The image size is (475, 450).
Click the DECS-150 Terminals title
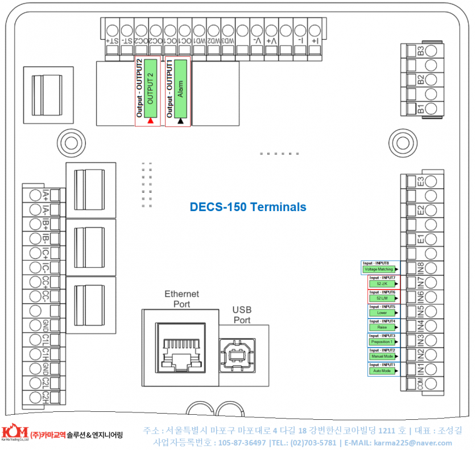point(247,207)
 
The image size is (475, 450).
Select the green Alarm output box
point(180,89)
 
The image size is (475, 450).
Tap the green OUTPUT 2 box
point(150,89)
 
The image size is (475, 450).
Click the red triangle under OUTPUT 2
point(150,121)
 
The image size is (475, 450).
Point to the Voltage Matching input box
point(378,269)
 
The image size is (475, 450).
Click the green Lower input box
point(382,312)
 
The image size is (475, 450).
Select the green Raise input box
point(382,327)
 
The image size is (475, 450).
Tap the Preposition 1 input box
point(382,342)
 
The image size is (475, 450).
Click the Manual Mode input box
point(382,356)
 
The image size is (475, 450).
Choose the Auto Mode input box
point(382,371)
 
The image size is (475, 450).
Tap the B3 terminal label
point(421,51)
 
